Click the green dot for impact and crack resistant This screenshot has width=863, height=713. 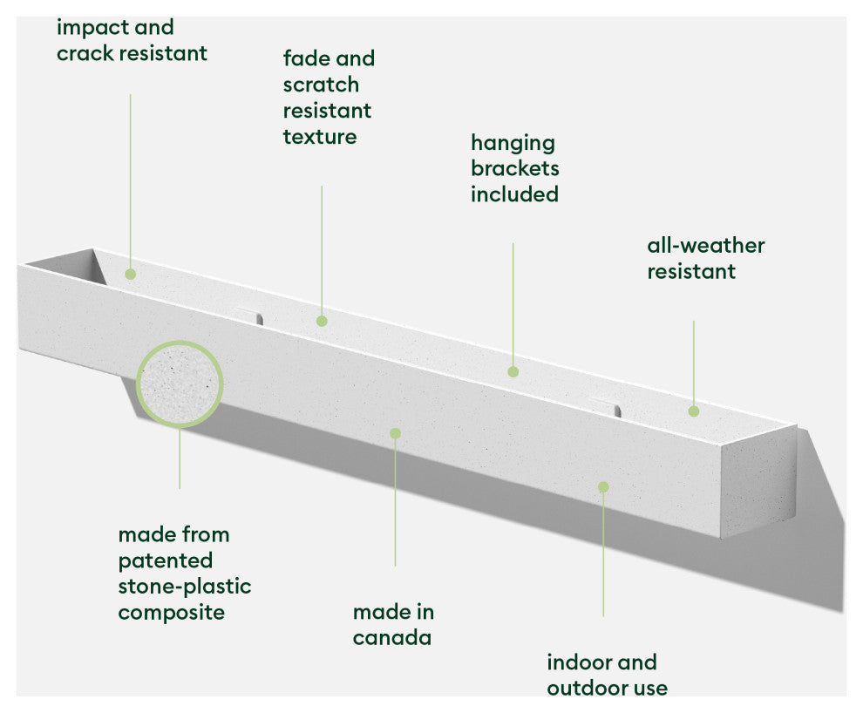[x=130, y=274]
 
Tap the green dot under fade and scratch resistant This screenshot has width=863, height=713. [x=322, y=321]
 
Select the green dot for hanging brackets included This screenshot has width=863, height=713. [x=513, y=371]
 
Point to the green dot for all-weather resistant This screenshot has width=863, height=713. [x=694, y=411]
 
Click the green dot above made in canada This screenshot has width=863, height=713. [x=395, y=433]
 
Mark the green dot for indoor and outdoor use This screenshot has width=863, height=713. [x=602, y=486]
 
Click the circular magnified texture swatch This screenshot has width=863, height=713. [x=180, y=384]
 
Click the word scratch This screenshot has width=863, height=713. [x=321, y=85]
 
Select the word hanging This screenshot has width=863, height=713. [x=513, y=142]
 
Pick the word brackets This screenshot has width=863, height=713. [x=514, y=168]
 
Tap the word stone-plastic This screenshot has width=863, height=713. [x=184, y=586]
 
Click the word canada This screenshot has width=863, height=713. [x=391, y=638]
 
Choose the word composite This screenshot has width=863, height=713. [x=171, y=612]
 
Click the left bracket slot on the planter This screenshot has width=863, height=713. [x=250, y=315]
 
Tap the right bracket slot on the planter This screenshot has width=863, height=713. [x=607, y=405]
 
